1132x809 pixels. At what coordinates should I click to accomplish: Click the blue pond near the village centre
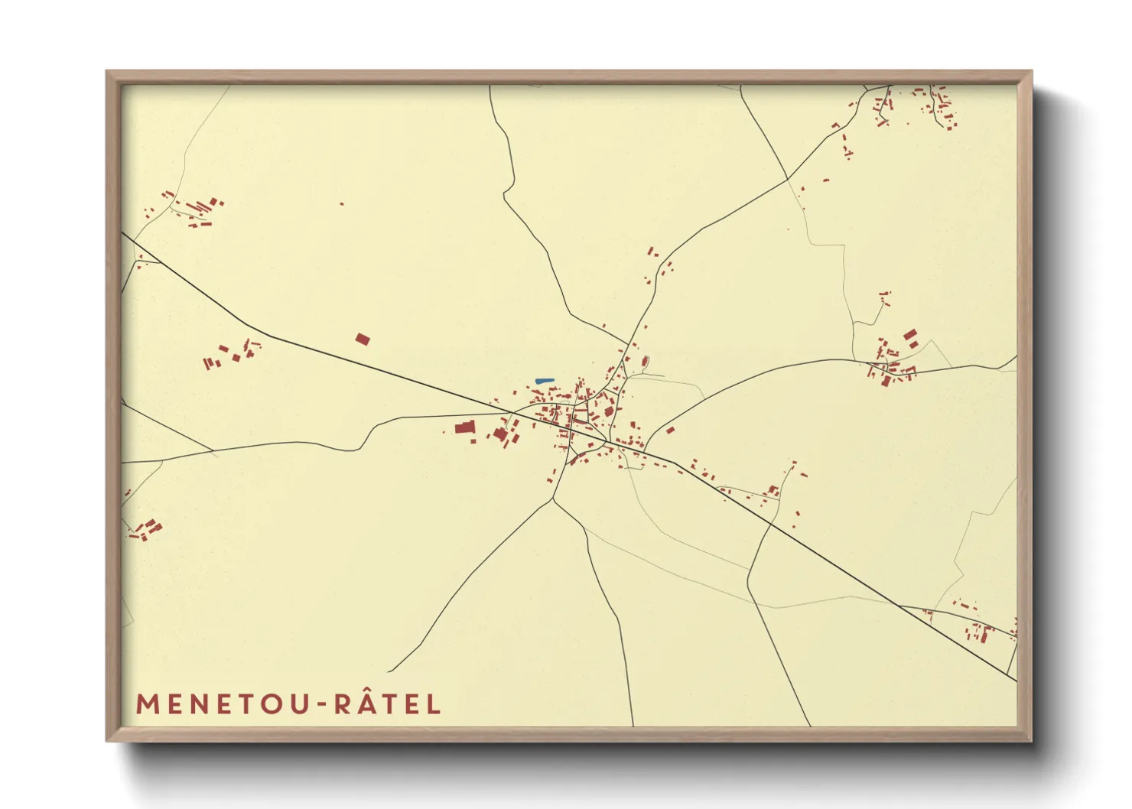tap(544, 380)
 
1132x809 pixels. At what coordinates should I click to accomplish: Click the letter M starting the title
tap(147, 704)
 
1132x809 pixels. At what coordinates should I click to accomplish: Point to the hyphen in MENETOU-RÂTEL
tap(321, 705)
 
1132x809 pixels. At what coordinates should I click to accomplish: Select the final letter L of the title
tap(434, 704)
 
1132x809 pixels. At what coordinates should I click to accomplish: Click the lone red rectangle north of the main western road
tap(363, 339)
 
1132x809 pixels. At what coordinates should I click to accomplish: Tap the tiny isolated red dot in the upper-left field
tap(341, 204)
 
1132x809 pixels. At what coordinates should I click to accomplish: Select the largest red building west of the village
tap(464, 427)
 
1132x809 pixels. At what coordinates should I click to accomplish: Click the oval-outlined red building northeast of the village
tap(645, 361)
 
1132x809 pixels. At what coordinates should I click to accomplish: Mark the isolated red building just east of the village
tap(670, 430)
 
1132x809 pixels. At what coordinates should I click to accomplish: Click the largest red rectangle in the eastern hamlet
tap(910, 335)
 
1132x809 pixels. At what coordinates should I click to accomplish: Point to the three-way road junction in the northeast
tap(787, 180)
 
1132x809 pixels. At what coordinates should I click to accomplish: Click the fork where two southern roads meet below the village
tap(552, 499)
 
